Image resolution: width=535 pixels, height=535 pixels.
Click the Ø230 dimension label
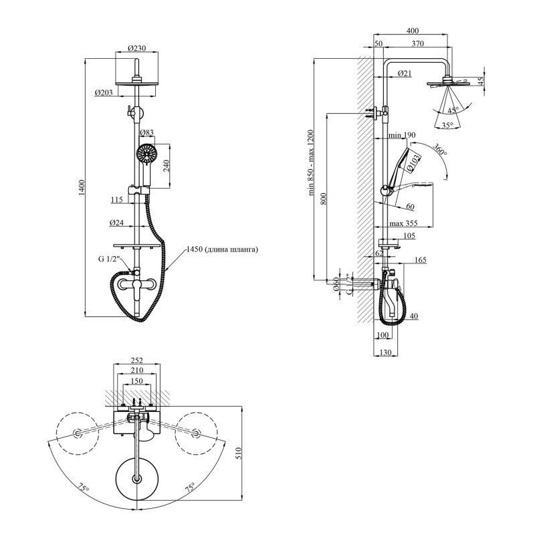coord(137,48)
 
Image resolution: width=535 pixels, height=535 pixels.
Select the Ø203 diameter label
coord(104,92)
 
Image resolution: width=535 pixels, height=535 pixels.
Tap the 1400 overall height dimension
coord(82,188)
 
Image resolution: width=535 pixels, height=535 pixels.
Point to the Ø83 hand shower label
coord(146,132)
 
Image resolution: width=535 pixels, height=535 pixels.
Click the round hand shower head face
coord(146,154)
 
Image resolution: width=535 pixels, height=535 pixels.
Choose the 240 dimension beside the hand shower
coord(166,167)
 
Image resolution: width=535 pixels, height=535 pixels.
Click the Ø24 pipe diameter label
coord(116,223)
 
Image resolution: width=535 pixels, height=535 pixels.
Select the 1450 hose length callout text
coord(222,249)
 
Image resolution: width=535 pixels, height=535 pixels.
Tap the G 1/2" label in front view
coord(109,259)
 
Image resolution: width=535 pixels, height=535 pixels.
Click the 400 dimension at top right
coord(413,30)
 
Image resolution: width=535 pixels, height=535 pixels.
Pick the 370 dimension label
coord(417,43)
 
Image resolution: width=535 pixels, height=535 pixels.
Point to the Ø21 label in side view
coord(405,73)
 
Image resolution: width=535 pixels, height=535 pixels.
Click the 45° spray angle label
coord(453,110)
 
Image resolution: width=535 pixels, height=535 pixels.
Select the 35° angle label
coord(447,125)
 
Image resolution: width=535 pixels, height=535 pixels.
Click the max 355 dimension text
coord(403,223)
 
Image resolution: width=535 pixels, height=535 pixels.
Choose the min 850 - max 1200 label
coord(311,163)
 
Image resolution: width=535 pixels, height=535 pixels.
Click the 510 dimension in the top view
coord(239,453)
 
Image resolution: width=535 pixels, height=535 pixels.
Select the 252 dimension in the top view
coord(137,360)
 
